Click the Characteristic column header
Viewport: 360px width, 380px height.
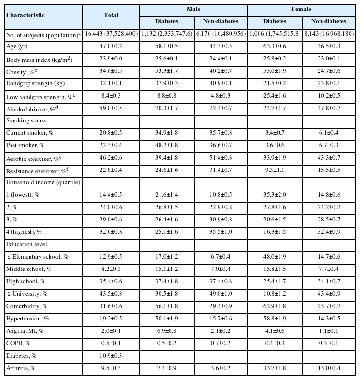pos(26,15)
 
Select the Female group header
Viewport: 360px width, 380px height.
pos(302,9)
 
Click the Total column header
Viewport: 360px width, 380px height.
pos(111,15)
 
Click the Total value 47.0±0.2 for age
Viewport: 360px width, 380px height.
pos(111,47)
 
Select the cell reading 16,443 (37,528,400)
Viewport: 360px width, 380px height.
pos(111,35)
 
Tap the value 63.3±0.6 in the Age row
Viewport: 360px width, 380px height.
pos(275,47)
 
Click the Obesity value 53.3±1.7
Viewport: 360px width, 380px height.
pos(167,71)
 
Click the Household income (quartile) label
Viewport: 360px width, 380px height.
pos(36,182)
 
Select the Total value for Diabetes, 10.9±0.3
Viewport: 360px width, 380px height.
pos(111,355)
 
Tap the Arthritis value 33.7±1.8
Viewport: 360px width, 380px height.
pos(275,368)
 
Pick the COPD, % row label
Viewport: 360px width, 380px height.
pos(19,343)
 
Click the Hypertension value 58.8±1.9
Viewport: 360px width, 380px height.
pos(275,318)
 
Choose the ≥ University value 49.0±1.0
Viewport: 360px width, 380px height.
pos(220,293)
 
